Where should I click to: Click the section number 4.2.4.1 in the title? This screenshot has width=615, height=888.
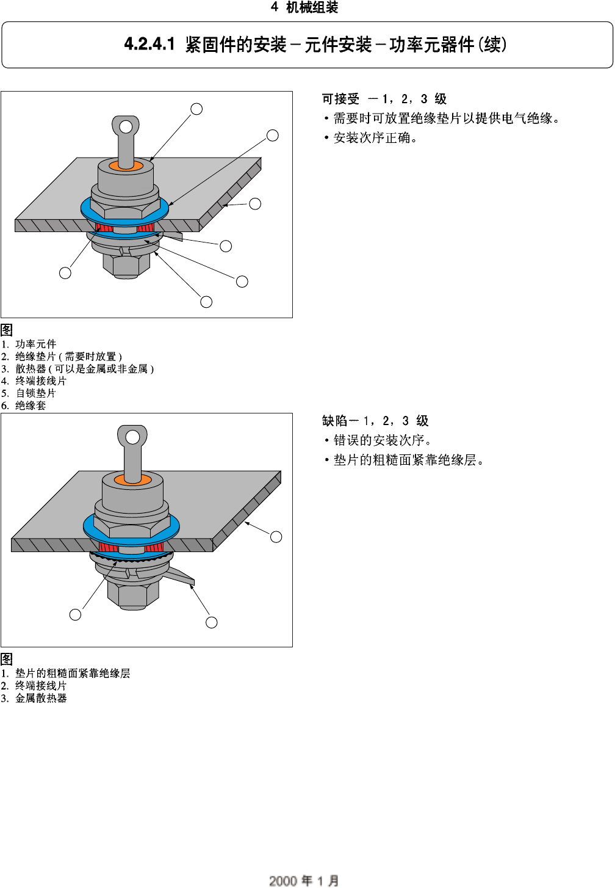(149, 45)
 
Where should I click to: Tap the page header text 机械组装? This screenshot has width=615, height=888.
(312, 7)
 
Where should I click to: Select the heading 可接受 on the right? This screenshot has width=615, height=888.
(340, 99)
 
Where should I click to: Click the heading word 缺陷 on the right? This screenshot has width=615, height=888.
(334, 421)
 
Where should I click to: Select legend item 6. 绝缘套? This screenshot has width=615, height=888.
(24, 406)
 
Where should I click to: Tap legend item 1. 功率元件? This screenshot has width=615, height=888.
(29, 344)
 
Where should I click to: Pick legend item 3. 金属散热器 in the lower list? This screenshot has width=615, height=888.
(35, 698)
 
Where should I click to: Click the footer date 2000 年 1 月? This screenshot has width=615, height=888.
(304, 880)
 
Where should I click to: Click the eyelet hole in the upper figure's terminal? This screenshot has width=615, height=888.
(126, 127)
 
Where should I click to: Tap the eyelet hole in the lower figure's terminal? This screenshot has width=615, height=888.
(132, 437)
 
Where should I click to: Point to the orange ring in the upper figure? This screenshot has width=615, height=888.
(126, 167)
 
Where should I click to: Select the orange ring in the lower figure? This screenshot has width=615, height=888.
(132, 480)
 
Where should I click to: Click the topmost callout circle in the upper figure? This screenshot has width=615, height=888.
(196, 109)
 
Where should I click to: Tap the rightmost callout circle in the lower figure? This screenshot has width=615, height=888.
(276, 537)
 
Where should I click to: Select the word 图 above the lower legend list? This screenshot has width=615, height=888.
(7, 660)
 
